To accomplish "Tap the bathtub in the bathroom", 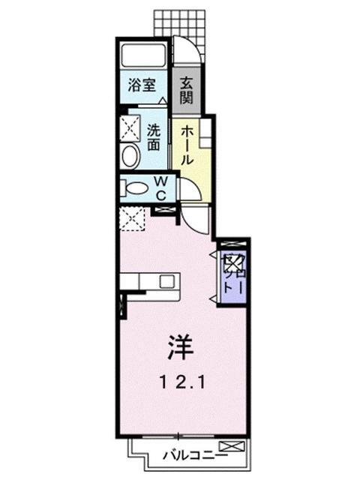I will coord(143,55).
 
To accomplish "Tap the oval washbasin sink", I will coord(130,156).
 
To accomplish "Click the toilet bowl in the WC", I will coord(135,187).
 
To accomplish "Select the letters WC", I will coord(160,186).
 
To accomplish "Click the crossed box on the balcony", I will coord(235,448).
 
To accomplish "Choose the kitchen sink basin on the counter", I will coord(167,282).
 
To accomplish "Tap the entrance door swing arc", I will coord(188,51).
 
